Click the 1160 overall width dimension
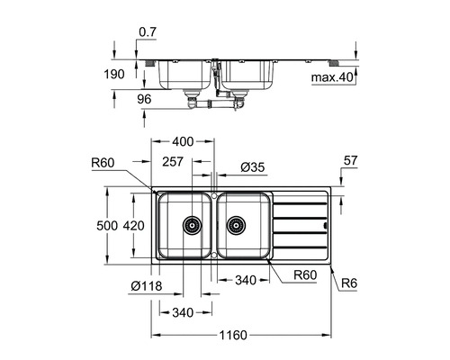click(x=233, y=335)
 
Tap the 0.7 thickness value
click(x=148, y=32)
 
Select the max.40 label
click(x=332, y=77)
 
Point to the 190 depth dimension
click(x=114, y=74)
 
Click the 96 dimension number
click(x=144, y=99)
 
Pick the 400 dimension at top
click(x=183, y=141)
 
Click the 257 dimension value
click(x=173, y=162)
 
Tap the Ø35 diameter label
click(x=253, y=167)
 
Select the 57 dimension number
click(x=350, y=160)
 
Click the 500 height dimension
click(x=107, y=226)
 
